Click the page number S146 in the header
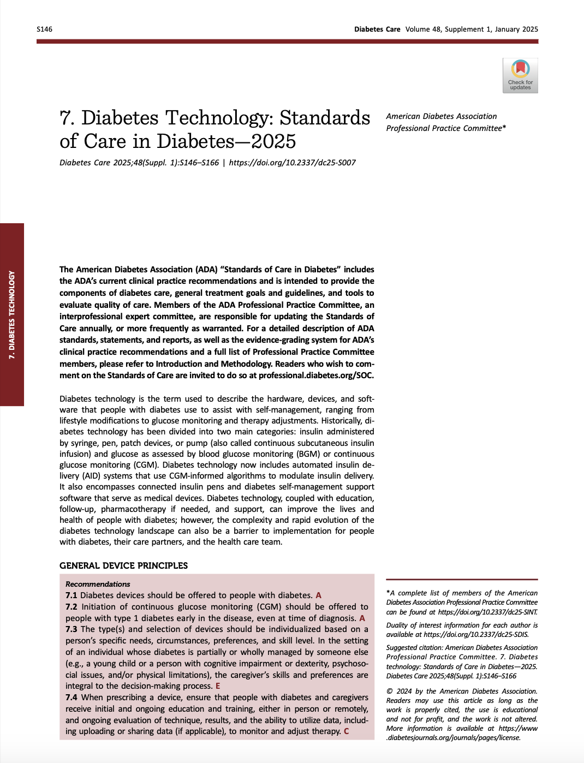[x=45, y=29]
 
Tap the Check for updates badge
[x=520, y=75]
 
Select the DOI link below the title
[x=292, y=163]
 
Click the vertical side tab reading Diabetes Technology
[x=12, y=314]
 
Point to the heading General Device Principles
[x=123, y=565]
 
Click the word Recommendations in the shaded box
[x=98, y=584]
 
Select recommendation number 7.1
[x=71, y=595]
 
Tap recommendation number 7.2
[x=71, y=607]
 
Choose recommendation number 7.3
[x=71, y=629]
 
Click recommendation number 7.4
[x=71, y=698]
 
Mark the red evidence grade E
[x=218, y=686]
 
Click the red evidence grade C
[x=346, y=731]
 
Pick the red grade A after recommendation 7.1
[x=319, y=595]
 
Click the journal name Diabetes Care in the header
[x=377, y=29]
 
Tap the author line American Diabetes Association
[x=441, y=116]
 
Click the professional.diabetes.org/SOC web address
[x=316, y=375]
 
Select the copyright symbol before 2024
[x=389, y=692]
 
